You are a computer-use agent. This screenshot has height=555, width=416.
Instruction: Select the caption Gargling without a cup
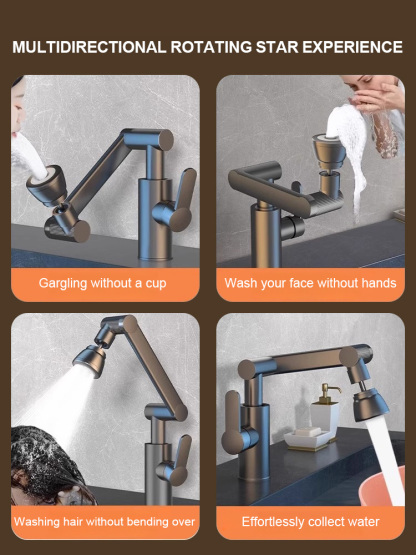pos(102,283)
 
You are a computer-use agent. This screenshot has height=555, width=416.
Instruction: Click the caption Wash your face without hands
pos(310,283)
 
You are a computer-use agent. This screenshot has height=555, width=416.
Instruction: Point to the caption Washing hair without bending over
pos(104,521)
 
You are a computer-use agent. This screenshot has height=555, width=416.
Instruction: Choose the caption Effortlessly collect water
pos(310,521)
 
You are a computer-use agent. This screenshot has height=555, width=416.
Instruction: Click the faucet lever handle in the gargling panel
pos(180,200)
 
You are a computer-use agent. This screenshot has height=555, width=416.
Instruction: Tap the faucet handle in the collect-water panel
pos(233,425)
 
